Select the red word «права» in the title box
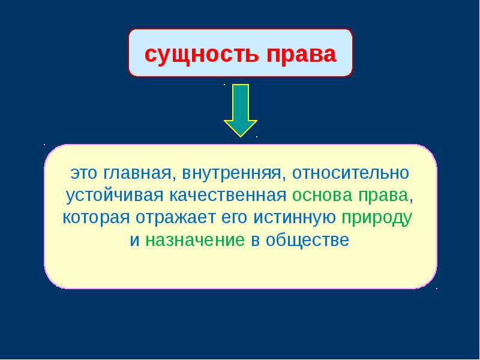point(302,56)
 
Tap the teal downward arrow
point(241,110)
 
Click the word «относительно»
point(351,173)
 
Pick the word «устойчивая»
point(115,196)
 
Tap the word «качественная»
point(228,196)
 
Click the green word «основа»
point(322,196)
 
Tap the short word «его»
point(234,218)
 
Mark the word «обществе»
point(307,239)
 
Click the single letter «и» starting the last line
point(134,241)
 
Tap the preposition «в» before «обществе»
point(256,241)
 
